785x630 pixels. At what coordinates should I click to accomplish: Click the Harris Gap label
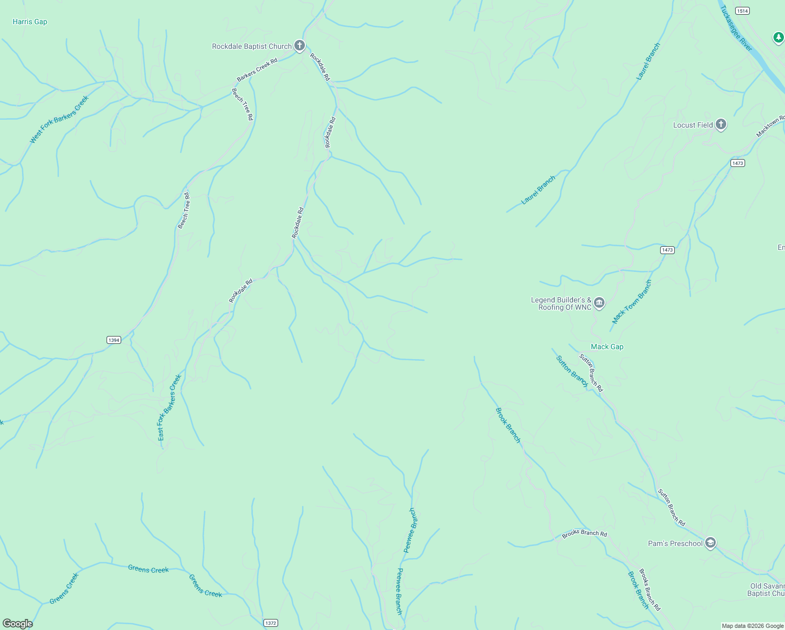coord(30,22)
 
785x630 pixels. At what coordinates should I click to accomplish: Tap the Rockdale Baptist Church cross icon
coord(299,46)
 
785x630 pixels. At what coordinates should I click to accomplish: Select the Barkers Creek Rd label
coord(257,70)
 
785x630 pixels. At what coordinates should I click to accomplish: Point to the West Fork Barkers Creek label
coord(59,119)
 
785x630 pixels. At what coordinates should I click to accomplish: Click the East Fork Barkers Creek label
coord(169,407)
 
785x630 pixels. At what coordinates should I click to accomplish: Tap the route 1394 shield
coord(114,340)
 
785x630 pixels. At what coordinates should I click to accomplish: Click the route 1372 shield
coord(270,623)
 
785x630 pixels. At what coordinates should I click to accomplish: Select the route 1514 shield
coord(742,10)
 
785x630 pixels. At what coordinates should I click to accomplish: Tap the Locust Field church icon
coord(721,124)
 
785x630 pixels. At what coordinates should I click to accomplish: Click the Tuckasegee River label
coord(736,28)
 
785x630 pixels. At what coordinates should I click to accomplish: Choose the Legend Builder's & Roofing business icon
coord(599,303)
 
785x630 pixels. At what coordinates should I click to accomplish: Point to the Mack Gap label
coord(607,346)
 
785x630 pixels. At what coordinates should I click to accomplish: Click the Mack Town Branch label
coord(632,302)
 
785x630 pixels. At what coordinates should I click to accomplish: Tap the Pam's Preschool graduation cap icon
coord(710,543)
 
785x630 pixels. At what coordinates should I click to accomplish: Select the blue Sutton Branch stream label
coord(572,371)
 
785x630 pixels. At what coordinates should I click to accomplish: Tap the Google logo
coord(18,624)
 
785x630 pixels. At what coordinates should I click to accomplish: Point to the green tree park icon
coord(779,38)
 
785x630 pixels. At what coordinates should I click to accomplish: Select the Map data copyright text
coord(752,626)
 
